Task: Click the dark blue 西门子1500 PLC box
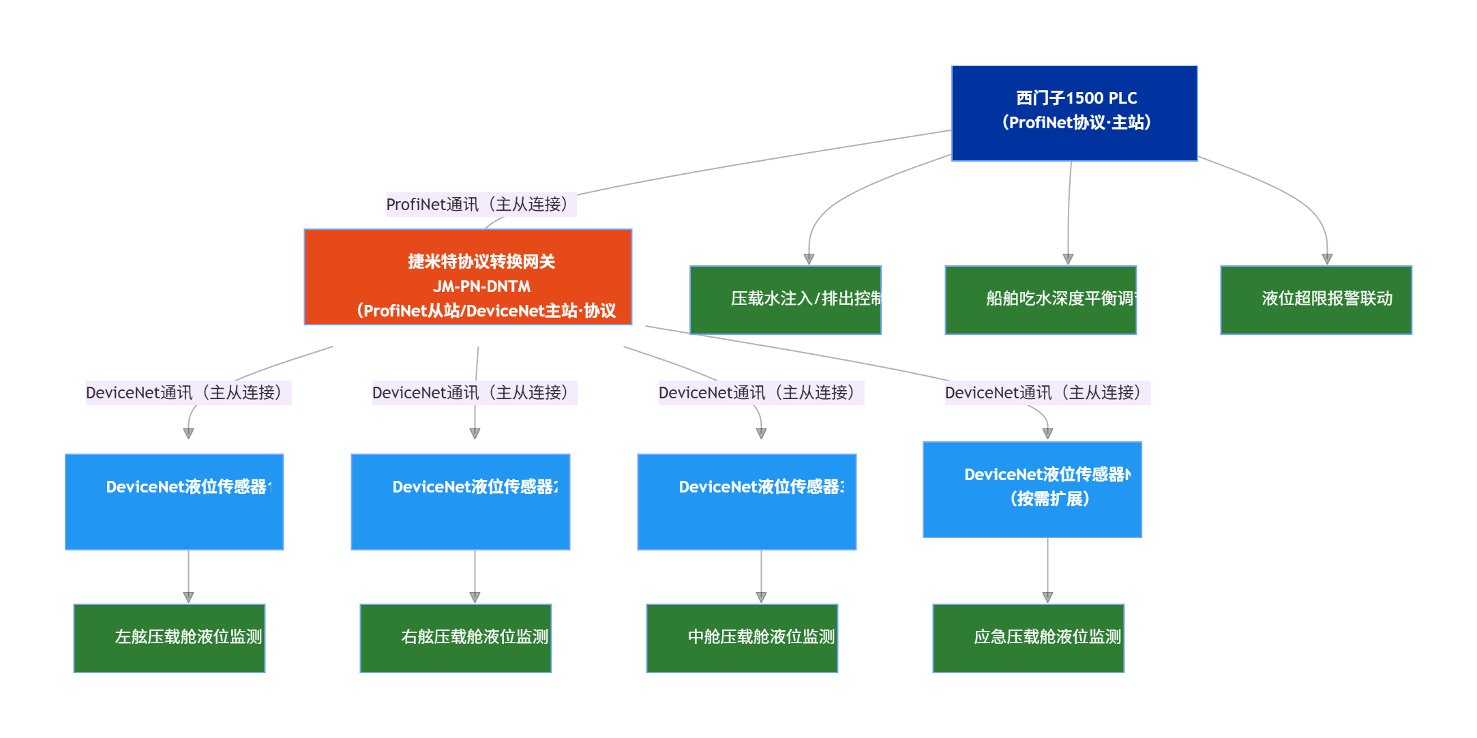(x=1074, y=113)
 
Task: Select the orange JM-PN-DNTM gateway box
(x=468, y=277)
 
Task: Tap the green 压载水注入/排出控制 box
(x=786, y=300)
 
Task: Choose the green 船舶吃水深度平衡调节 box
(x=1041, y=300)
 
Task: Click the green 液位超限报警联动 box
(x=1316, y=300)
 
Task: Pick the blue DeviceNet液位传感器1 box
(x=175, y=502)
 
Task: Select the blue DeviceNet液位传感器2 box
(x=460, y=502)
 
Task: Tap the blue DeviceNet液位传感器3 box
(x=747, y=502)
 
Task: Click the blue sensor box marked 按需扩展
(x=1032, y=490)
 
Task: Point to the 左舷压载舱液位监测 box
(x=169, y=638)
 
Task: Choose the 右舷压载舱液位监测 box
(x=456, y=638)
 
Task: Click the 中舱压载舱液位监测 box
(x=742, y=638)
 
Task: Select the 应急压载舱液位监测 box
(x=1028, y=638)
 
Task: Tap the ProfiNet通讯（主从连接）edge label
(x=481, y=205)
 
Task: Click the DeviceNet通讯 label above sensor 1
(x=188, y=393)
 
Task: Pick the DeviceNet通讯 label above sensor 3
(x=760, y=393)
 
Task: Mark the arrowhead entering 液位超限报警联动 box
(x=1327, y=259)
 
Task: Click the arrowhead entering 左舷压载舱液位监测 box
(x=189, y=597)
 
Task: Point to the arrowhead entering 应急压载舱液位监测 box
(x=1048, y=597)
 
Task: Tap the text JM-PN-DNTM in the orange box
(x=481, y=286)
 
